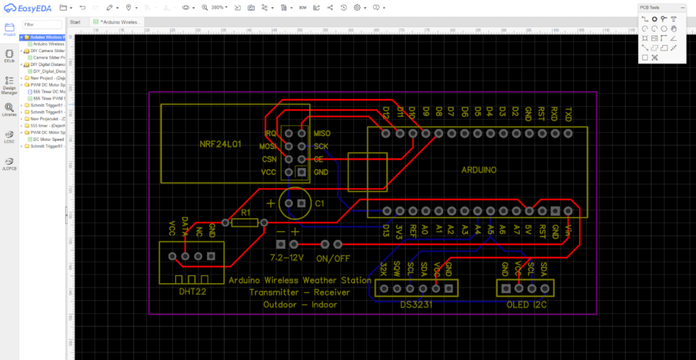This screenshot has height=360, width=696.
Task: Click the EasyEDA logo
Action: point(28,7)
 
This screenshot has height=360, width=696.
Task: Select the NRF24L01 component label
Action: point(221,145)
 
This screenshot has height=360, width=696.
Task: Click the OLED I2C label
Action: point(528,304)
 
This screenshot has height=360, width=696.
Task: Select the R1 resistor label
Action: point(246,213)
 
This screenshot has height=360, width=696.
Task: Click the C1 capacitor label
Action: point(319,204)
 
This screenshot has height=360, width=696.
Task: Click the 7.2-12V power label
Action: point(285,259)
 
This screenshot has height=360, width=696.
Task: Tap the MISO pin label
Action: point(322,133)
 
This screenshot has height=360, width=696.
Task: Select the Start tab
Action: point(76,22)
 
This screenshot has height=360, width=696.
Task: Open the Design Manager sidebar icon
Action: point(10,84)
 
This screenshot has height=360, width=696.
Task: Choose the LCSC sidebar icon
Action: point(10,136)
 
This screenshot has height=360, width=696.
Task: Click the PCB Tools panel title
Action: point(649,7)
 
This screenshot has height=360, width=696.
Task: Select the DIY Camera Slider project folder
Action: point(48,51)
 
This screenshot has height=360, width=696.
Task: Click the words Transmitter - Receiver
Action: point(299,292)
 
